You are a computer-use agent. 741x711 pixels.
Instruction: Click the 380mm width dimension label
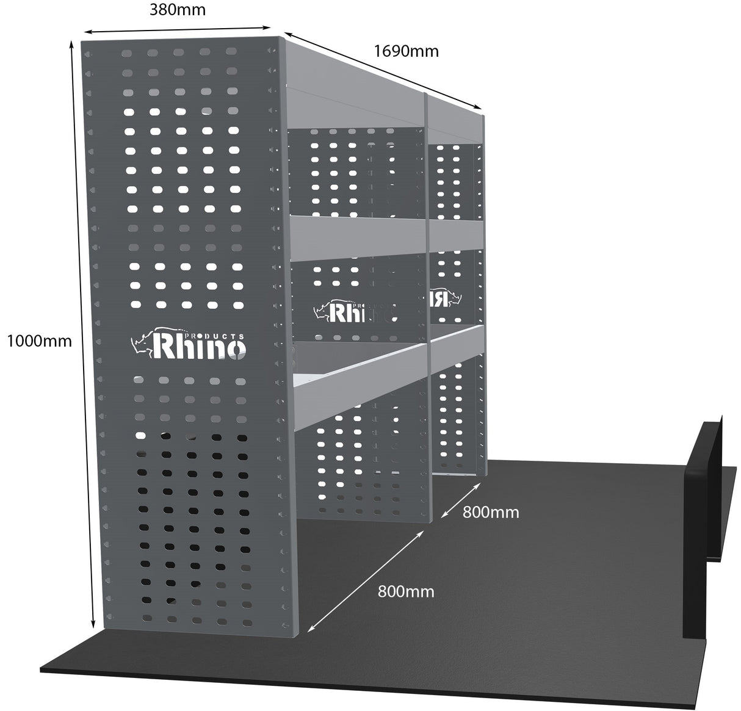(177, 9)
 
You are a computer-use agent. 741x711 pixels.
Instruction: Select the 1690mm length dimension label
(406, 51)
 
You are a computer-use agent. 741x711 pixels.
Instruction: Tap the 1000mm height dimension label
(39, 341)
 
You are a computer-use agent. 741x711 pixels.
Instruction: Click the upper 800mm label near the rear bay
(491, 512)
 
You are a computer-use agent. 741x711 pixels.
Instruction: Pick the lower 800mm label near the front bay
(406, 591)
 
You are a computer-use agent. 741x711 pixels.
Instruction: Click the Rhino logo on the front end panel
(190, 346)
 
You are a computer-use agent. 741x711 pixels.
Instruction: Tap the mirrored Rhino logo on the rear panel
(446, 297)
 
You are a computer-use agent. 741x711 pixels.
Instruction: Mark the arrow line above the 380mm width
(177, 29)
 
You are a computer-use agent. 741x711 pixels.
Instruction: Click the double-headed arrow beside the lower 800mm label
(366, 580)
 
